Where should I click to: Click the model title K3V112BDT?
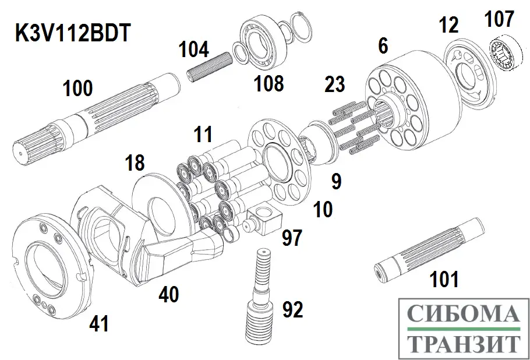(x=73, y=33)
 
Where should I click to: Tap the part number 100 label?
(x=77, y=89)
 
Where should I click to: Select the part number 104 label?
(x=193, y=50)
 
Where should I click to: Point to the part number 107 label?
(x=500, y=20)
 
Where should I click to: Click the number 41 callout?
(x=98, y=323)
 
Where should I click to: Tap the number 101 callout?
(x=444, y=280)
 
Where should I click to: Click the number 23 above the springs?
(x=334, y=85)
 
